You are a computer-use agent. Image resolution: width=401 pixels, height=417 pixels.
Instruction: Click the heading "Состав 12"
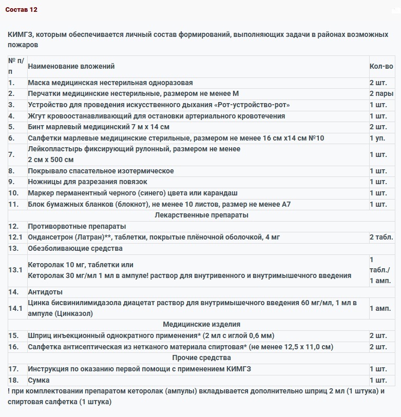click(22, 10)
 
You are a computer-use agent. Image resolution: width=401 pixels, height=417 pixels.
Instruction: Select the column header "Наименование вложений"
click(71, 66)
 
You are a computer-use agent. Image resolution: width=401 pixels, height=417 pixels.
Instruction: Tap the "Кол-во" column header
click(381, 66)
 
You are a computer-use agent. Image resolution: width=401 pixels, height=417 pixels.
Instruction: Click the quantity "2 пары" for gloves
click(381, 94)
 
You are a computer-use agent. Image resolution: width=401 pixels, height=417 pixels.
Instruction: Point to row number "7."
click(12, 154)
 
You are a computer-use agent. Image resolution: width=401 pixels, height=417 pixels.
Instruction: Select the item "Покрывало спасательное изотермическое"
click(101, 171)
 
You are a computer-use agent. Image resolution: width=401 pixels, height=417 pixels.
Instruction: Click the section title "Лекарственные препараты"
click(201, 215)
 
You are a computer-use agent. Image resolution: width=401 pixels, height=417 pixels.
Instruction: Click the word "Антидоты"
click(45, 292)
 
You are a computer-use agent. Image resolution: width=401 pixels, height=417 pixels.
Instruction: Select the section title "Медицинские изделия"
click(201, 324)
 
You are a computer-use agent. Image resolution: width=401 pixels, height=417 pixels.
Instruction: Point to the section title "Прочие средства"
click(201, 358)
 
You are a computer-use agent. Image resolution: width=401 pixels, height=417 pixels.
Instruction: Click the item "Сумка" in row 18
click(39, 380)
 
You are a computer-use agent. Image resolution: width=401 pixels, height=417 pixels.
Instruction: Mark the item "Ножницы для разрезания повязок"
click(87, 182)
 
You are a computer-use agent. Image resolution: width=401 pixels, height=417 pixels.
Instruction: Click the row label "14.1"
click(16, 308)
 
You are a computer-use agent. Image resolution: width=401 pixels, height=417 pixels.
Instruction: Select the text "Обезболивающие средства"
click(75, 248)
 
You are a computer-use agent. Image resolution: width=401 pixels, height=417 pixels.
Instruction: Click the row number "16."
click(13, 347)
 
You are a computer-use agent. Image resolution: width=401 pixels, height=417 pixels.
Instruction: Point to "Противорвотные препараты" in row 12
click(77, 226)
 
